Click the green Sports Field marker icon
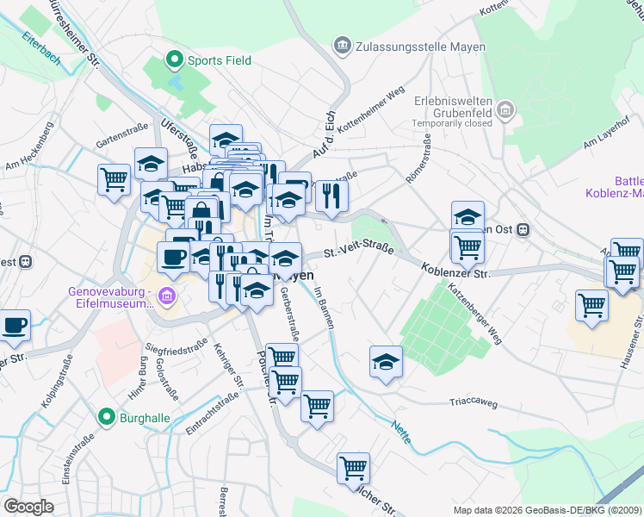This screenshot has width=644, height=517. click(175, 60)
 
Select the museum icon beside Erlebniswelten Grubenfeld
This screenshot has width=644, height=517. click(505, 109)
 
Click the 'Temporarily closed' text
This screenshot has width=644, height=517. click(452, 123)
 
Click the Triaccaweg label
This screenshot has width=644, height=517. click(474, 402)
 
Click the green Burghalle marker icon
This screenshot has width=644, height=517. click(108, 418)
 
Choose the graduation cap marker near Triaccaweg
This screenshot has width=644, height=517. click(386, 362)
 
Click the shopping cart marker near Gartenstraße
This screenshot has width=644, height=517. click(114, 180)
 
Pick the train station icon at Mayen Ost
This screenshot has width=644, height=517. click(523, 229)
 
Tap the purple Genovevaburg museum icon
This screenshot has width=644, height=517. click(167, 298)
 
